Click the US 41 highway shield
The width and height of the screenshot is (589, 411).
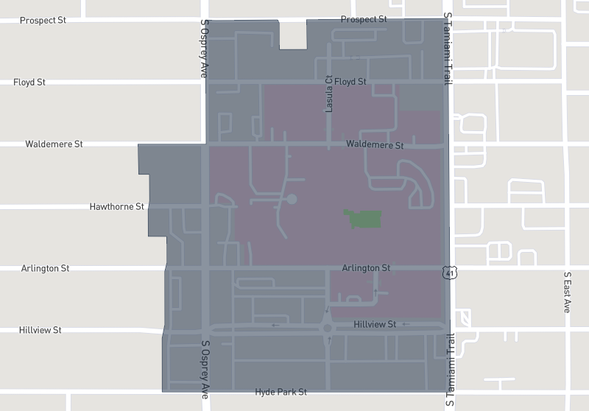450,273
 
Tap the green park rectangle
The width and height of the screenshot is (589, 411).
363,218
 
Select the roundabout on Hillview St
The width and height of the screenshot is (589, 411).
328,328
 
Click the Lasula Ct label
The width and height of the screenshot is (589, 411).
330,94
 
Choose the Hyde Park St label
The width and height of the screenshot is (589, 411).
281,393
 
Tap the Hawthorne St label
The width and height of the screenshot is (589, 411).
116,207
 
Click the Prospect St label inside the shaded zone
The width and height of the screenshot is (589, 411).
364,18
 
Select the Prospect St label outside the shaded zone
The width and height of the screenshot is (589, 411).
43,20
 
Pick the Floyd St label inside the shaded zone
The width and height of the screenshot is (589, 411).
350,81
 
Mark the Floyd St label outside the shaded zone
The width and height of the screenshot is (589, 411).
29,82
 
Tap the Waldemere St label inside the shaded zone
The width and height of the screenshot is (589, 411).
375,145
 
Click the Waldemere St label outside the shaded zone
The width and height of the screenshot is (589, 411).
54,144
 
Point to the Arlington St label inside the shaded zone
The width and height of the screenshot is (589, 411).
366,268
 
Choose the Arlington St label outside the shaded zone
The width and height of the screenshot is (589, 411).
45,268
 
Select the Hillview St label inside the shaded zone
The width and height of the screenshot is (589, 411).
375,324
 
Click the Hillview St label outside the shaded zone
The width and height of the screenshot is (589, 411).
40,330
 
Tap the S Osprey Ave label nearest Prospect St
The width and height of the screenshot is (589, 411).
205,49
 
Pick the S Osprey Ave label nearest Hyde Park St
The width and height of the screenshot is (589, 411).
205,369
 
